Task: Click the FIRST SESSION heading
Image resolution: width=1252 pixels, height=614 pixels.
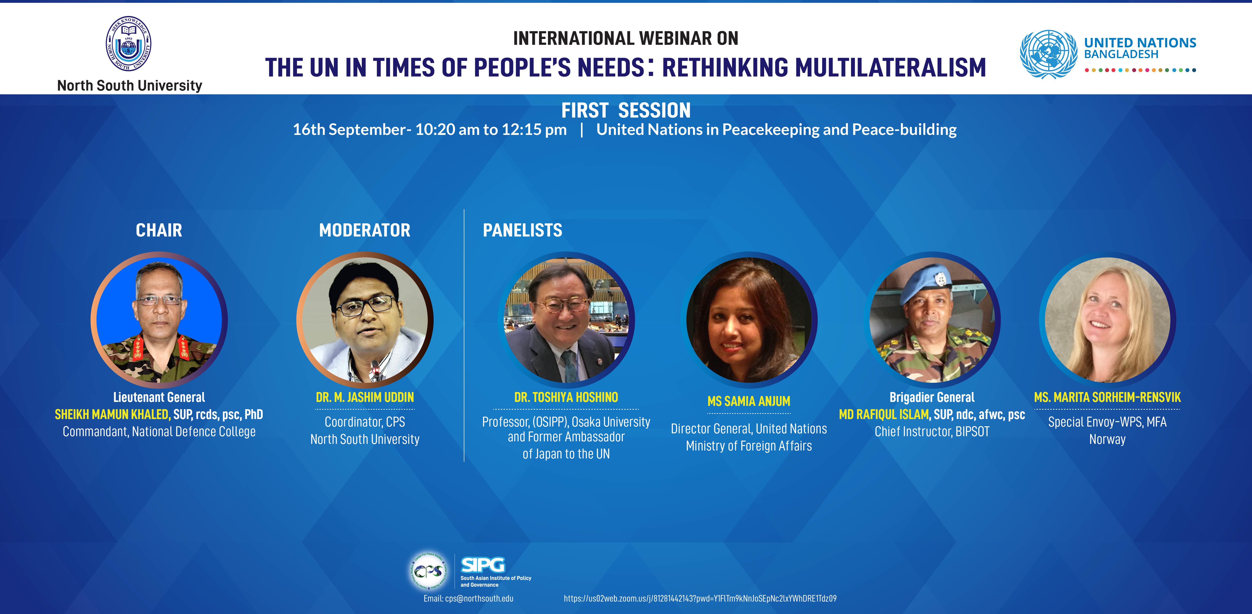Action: coord(626,110)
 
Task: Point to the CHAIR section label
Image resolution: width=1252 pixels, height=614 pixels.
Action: coord(159,230)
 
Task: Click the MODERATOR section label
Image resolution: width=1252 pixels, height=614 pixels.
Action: coord(365,230)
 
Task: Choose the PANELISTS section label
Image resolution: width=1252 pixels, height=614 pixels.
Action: coord(523,230)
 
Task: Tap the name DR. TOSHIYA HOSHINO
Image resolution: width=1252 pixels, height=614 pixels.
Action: coord(566,397)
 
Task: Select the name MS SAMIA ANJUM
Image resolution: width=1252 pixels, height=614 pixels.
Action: coord(749,401)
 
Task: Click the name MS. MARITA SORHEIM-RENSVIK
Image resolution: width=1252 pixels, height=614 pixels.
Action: coord(1107,397)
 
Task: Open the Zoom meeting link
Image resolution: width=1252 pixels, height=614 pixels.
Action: coord(700,599)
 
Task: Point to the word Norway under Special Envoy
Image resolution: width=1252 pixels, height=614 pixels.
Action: coord(1107,439)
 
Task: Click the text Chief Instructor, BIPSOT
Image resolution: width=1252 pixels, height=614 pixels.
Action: coord(932,431)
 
